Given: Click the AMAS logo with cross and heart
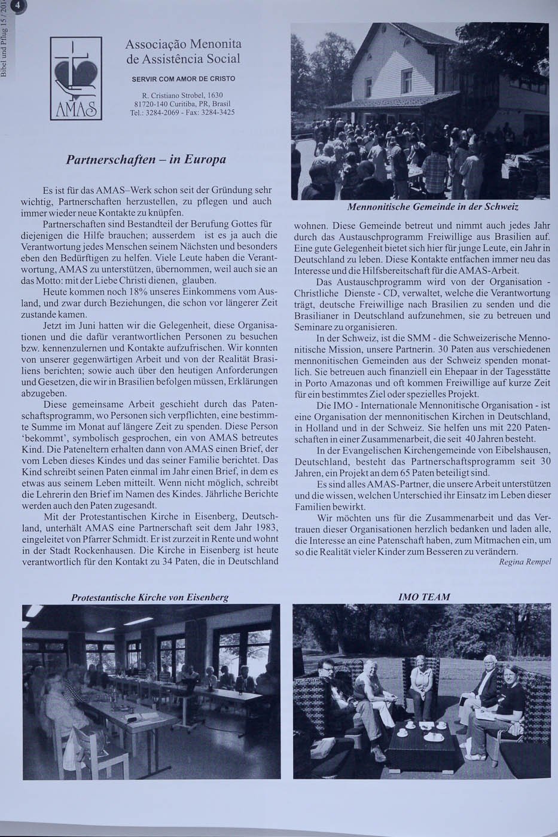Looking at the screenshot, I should click(76, 78).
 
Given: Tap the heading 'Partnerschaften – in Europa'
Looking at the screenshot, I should click(146, 160).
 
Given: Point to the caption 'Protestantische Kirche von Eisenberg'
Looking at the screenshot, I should click(150, 597).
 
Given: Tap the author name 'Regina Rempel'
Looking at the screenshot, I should click(525, 561).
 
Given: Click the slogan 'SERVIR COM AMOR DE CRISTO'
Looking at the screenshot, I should click(183, 79).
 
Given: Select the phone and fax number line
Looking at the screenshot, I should click(182, 112).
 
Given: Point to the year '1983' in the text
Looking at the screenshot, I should click(265, 527).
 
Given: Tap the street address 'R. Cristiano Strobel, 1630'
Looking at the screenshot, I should click(182, 95).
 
